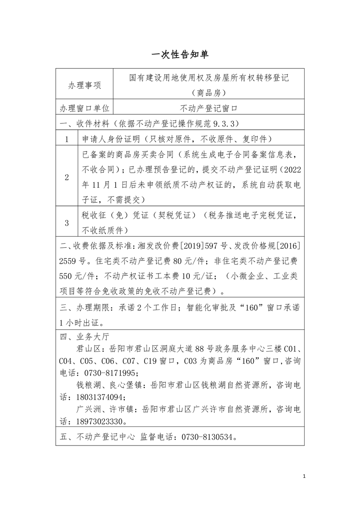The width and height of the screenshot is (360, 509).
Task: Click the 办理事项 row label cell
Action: coord(84,85)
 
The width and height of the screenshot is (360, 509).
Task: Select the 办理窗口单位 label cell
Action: coord(84,108)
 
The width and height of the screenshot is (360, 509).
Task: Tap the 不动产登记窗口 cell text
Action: coord(209,108)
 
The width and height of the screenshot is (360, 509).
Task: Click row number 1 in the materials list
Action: coord(67,139)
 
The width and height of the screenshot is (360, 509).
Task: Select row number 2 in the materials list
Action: coord(67,177)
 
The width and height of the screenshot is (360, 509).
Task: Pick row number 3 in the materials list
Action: coord(67,223)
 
